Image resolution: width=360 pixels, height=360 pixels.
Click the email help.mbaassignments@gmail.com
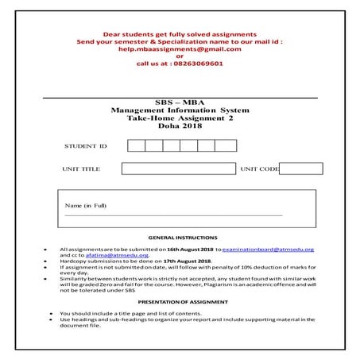180,48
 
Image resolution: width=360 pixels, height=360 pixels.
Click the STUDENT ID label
85,146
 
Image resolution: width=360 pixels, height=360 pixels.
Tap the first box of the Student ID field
136,145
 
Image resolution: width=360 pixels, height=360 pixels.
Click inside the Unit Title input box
179,168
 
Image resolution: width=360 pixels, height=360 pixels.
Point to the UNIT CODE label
259,169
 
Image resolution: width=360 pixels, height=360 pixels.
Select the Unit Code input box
301,168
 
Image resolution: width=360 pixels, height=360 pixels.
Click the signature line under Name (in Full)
173,215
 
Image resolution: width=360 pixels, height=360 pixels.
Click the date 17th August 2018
188,261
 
